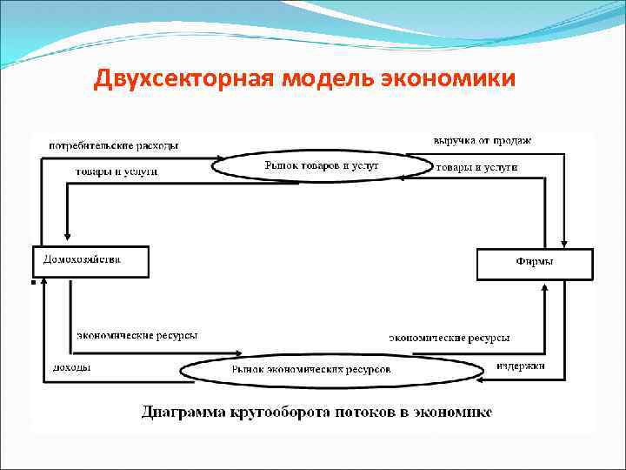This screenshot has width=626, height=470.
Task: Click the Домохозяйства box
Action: point(90,262)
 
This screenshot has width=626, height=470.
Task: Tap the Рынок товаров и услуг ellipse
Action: point(321,166)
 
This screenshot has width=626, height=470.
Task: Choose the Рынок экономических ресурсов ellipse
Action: point(331,371)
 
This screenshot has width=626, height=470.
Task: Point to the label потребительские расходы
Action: point(113,145)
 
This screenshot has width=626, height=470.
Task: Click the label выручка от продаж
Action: point(482,140)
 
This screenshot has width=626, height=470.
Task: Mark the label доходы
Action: point(71,368)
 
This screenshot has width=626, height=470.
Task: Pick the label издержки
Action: point(521,366)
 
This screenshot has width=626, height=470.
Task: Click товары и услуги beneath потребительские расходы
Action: point(114,171)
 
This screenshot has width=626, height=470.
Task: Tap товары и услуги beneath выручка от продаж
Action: point(476,166)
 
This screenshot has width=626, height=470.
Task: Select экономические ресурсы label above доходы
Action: point(137,334)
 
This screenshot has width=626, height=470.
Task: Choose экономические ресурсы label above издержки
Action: point(449,337)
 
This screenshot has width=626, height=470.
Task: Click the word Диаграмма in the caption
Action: point(186,411)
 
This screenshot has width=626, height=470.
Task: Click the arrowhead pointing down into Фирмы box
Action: point(566,243)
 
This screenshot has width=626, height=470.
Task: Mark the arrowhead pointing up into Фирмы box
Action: point(545,286)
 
